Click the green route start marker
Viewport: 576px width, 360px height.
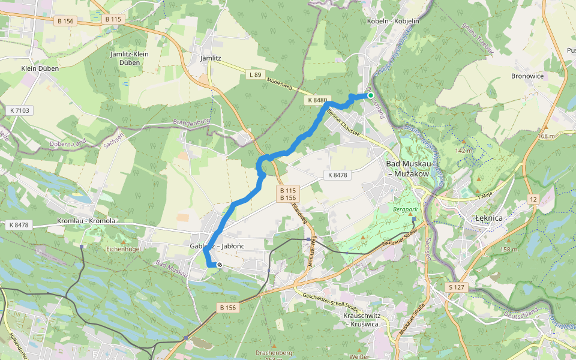point(371,95)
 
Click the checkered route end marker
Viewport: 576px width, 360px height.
point(220,265)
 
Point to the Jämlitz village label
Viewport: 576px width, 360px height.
point(211,58)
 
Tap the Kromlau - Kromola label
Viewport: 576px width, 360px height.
point(86,221)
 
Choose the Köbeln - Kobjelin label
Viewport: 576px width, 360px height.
point(392,21)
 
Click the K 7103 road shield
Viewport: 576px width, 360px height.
point(19,110)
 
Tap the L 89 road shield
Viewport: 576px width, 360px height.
point(255,74)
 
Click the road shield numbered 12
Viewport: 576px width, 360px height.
point(533,199)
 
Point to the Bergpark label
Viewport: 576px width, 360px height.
point(404,211)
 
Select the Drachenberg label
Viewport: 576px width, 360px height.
point(273,353)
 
